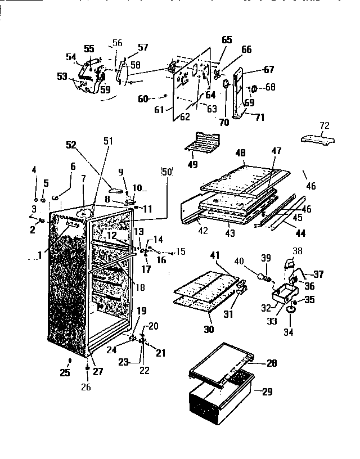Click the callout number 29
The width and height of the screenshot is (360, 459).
(x=267, y=392)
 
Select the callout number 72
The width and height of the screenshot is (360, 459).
(x=324, y=125)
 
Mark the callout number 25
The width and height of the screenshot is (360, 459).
(x=65, y=372)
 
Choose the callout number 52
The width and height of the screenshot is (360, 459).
(x=70, y=145)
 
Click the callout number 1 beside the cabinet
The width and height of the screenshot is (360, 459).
(x=40, y=255)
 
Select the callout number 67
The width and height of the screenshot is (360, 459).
(x=269, y=69)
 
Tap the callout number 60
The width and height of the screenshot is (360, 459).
(x=143, y=99)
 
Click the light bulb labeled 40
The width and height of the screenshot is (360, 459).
(x=261, y=278)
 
